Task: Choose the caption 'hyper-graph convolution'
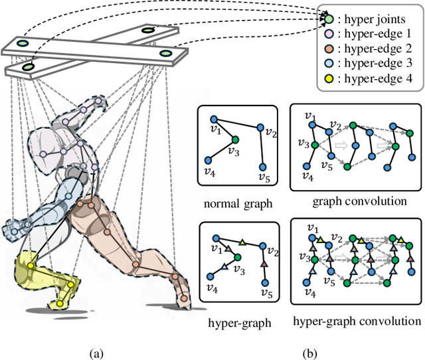[x=357, y=321]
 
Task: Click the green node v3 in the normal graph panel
[x=234, y=139]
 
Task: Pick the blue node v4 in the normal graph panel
[x=208, y=160]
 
